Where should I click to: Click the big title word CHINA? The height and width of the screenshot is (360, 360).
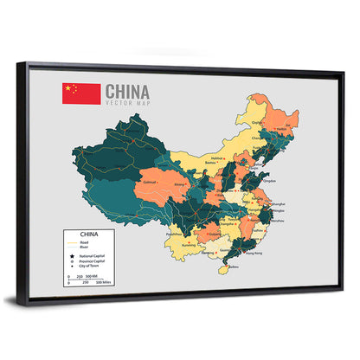click(x=127, y=92)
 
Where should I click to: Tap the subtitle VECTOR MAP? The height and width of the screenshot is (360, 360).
click(x=126, y=103)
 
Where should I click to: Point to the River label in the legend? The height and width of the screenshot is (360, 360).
click(x=87, y=247)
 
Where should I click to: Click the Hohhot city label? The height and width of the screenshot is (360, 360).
click(x=218, y=158)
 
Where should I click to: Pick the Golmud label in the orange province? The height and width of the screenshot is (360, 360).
click(x=150, y=183)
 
